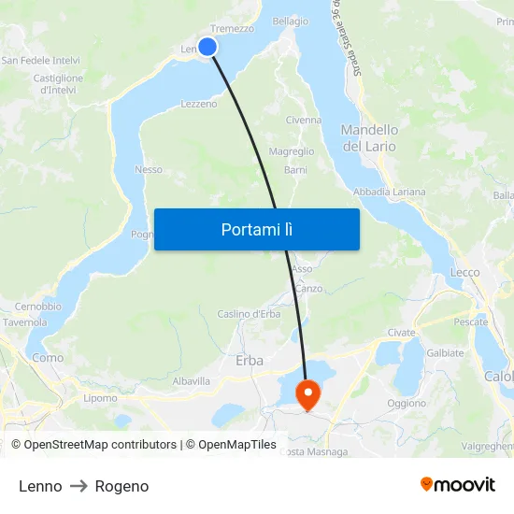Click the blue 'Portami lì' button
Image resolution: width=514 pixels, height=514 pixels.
click(x=256, y=229)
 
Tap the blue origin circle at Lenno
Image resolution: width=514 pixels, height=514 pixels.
click(x=207, y=47)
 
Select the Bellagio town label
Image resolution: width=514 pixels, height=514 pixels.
click(x=290, y=21)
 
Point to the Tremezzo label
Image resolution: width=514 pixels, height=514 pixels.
click(x=232, y=29)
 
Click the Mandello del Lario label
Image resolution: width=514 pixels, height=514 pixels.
click(x=369, y=138)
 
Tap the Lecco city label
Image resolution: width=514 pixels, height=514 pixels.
click(x=464, y=273)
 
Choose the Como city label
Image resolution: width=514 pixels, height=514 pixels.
click(x=48, y=357)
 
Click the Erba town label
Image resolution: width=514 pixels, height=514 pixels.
click(x=250, y=360)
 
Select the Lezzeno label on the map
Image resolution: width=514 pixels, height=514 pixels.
click(x=198, y=104)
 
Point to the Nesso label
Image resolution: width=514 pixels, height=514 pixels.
click(x=149, y=169)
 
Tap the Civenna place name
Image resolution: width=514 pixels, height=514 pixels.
click(x=303, y=121)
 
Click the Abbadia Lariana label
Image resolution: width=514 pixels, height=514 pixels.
click(x=390, y=192)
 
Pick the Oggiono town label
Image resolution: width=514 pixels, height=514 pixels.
click(x=407, y=403)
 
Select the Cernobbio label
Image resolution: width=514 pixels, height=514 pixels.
click(x=38, y=307)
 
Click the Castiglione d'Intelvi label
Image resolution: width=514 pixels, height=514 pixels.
click(x=59, y=84)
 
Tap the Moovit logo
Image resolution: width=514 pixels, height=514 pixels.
click(x=458, y=484)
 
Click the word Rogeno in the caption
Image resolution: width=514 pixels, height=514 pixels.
click(x=121, y=486)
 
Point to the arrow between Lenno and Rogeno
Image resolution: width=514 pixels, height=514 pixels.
click(x=79, y=486)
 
